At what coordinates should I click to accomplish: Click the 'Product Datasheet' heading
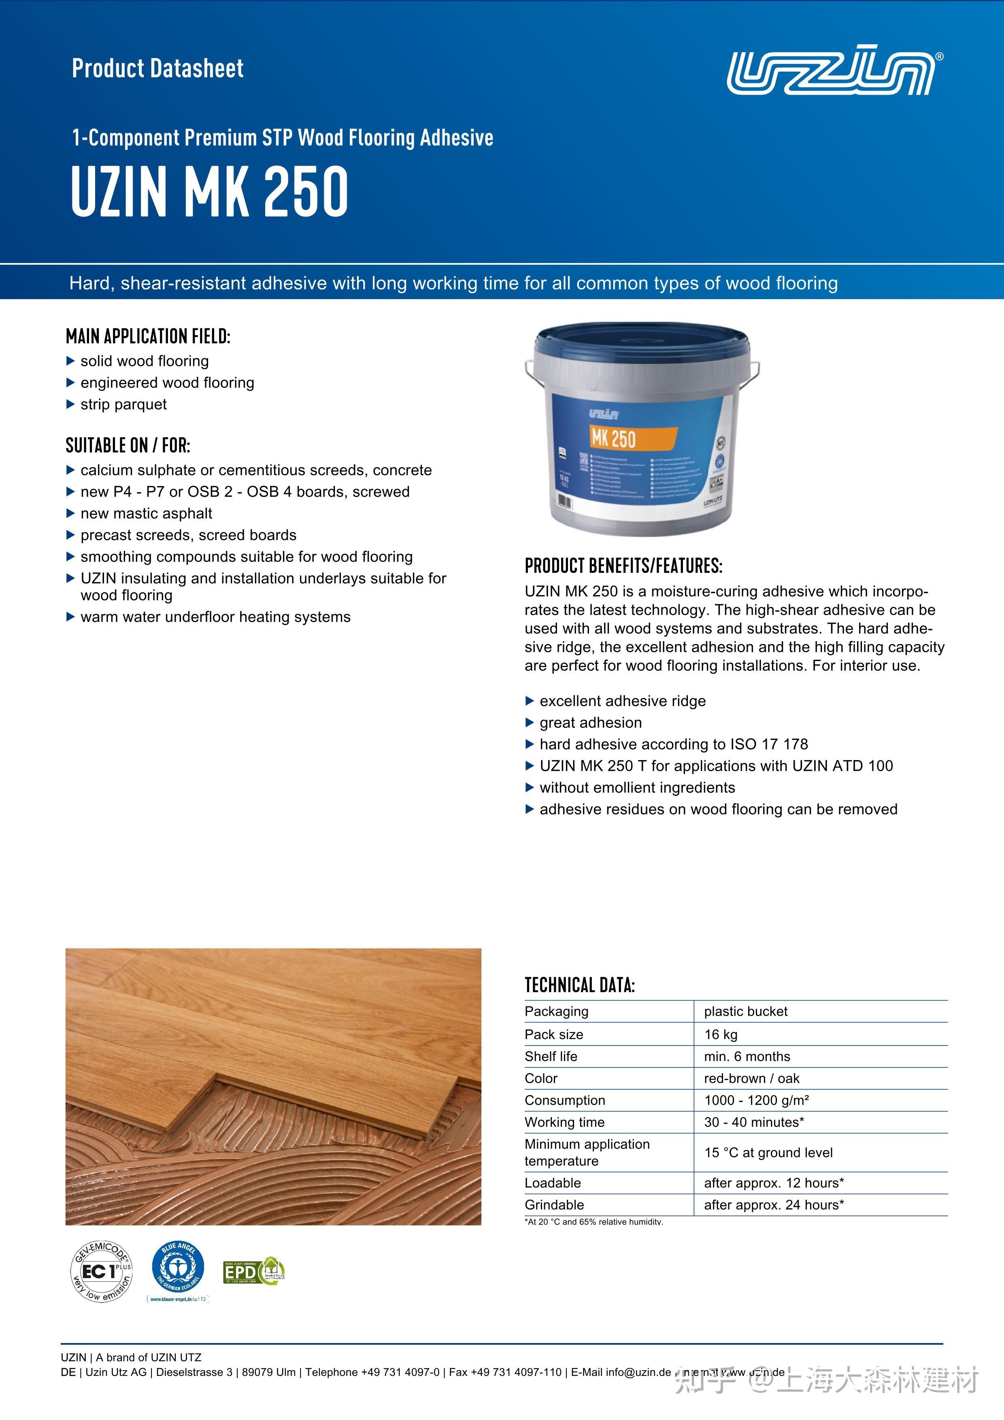(x=158, y=68)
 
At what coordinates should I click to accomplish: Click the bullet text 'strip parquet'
(x=124, y=404)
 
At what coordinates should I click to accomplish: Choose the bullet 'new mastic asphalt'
(x=146, y=513)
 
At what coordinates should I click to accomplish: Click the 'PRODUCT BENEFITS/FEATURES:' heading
(x=623, y=566)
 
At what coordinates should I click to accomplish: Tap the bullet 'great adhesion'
(x=591, y=723)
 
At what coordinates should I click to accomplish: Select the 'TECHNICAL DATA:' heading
(x=580, y=985)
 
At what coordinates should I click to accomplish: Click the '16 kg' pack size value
(x=721, y=1034)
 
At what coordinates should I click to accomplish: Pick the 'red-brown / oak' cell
(x=752, y=1078)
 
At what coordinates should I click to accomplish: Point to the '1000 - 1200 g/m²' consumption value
(x=757, y=1100)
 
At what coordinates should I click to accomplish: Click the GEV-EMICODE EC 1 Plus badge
(x=101, y=1272)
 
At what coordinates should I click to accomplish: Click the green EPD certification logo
(x=253, y=1271)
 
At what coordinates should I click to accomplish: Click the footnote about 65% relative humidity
(x=594, y=1222)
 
